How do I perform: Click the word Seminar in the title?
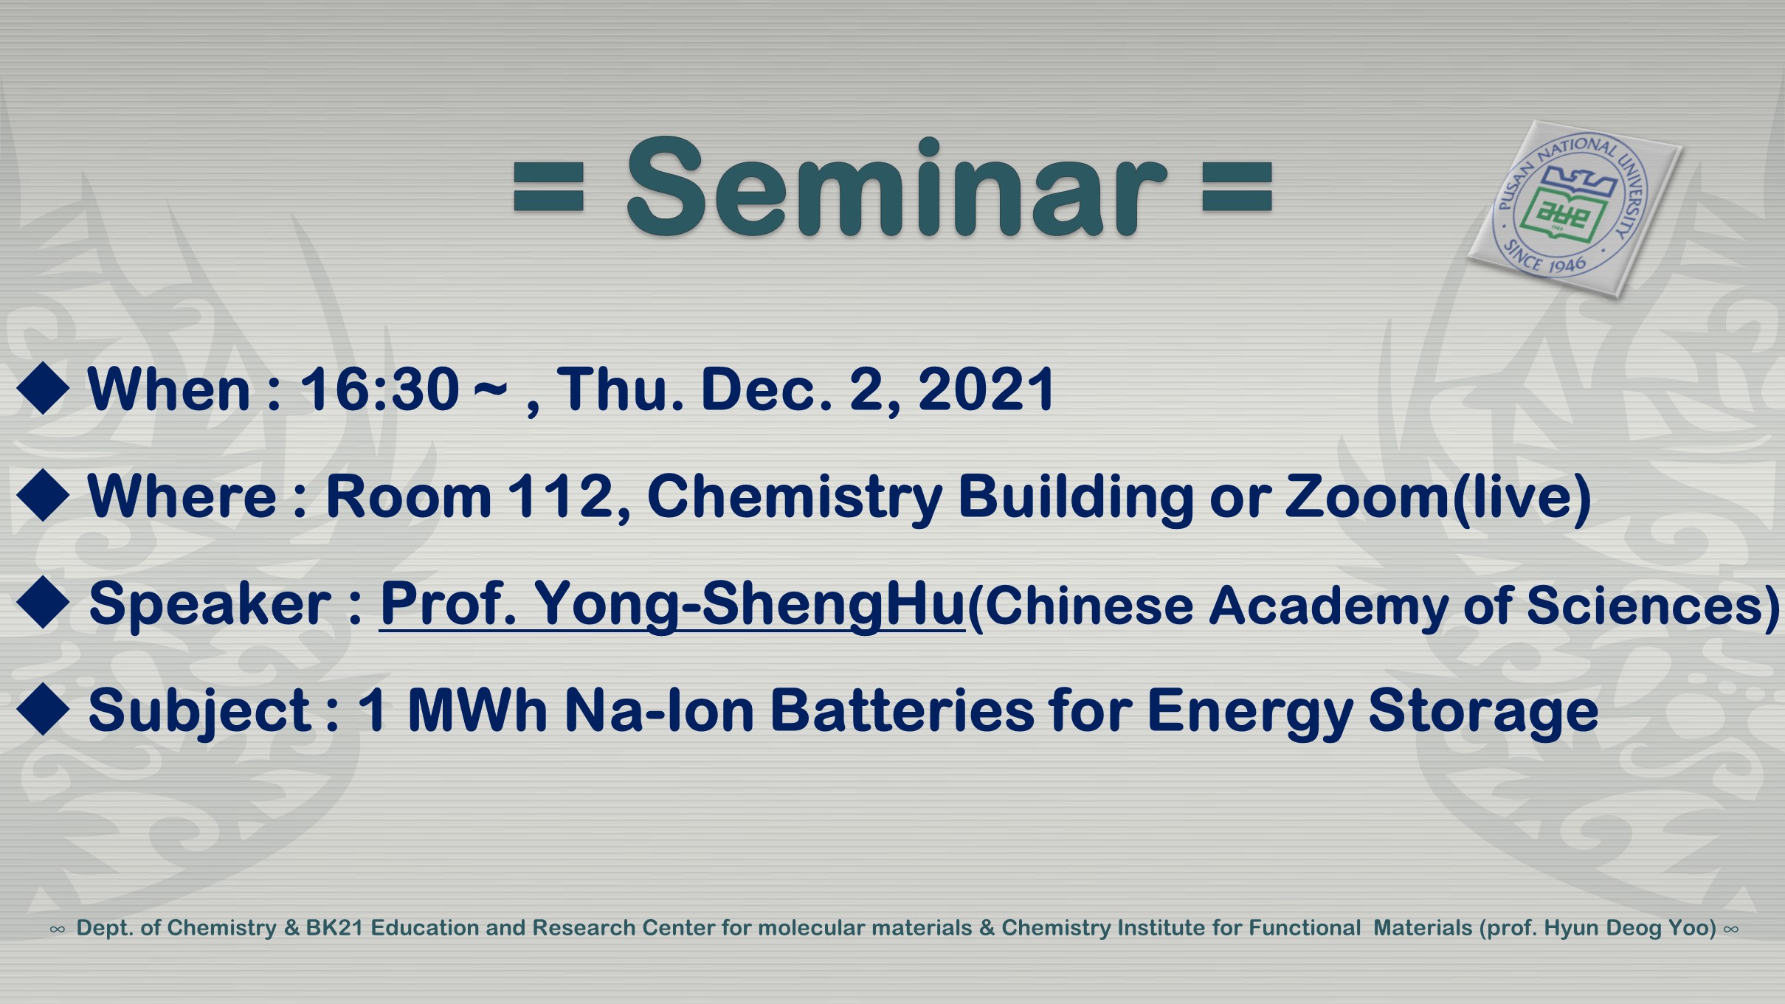point(896,187)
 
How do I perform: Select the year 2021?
point(987,389)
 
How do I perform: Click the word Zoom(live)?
point(1438,496)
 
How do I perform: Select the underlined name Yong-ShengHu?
point(750,604)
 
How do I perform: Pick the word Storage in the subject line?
point(1483,711)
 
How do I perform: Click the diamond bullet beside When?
point(44,388)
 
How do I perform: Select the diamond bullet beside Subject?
point(44,709)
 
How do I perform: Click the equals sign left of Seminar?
point(548,187)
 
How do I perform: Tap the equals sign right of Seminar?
point(1237,187)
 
